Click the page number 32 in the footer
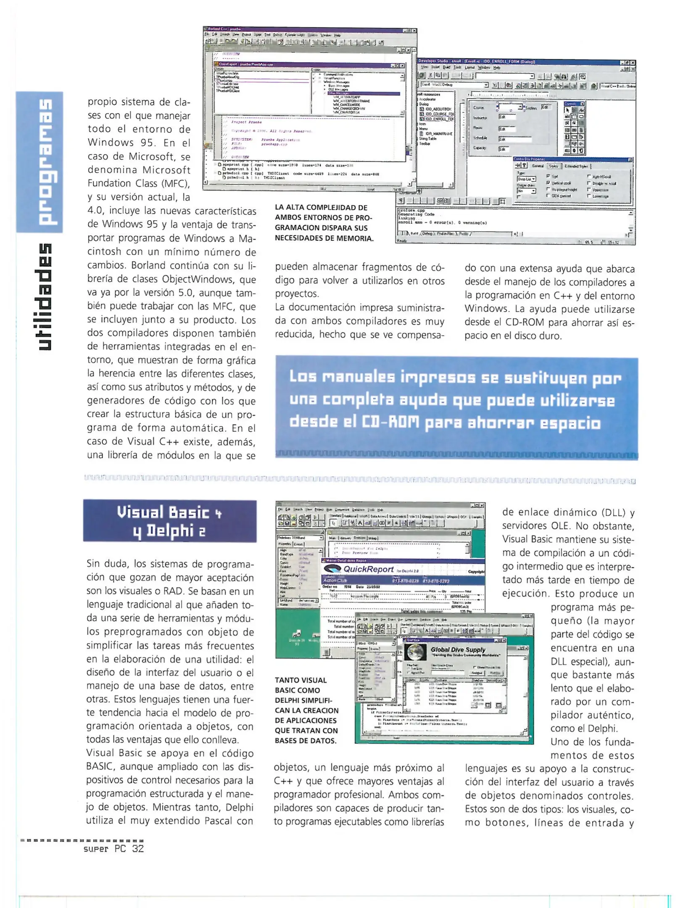pyautogui.click(x=138, y=848)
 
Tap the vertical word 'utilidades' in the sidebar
pyautogui.click(x=44, y=297)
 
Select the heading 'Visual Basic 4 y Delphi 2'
pyautogui.click(x=170, y=521)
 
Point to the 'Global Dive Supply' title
pyautogui.click(x=458, y=649)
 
